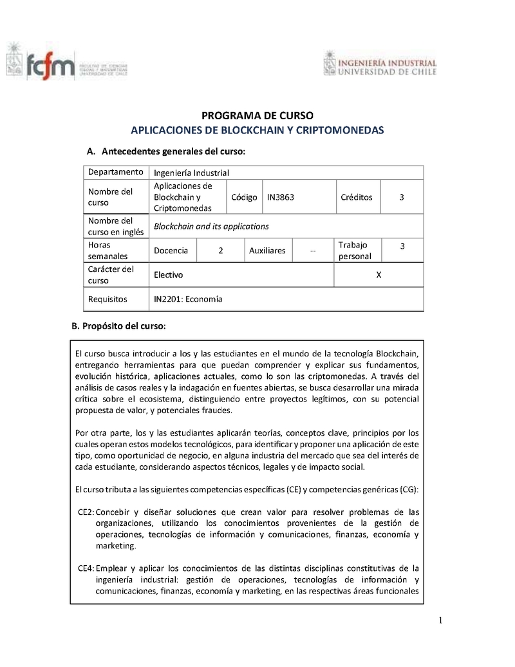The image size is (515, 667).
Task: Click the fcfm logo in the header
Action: pyautogui.click(x=67, y=65)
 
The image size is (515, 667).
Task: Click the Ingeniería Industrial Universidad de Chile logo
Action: pyautogui.click(x=380, y=64)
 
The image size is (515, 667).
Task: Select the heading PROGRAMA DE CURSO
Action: pyautogui.click(x=257, y=116)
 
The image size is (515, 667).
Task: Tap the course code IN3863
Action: pyautogui.click(x=281, y=197)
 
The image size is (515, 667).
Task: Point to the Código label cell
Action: pyautogui.click(x=244, y=197)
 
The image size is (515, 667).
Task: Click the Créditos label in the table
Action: pyautogui.click(x=356, y=197)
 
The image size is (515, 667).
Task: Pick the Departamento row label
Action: pyautogui.click(x=115, y=172)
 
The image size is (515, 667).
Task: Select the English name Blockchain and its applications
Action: pyautogui.click(x=211, y=226)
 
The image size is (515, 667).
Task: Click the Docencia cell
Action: pyautogui.click(x=171, y=251)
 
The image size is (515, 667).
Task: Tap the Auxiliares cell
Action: pyautogui.click(x=267, y=251)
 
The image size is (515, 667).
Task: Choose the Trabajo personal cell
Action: pyautogui.click(x=355, y=251)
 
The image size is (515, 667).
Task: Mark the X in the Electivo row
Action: pyautogui.click(x=379, y=275)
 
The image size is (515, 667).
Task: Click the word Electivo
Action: pyautogui.click(x=168, y=275)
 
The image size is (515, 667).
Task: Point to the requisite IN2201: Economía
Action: pyautogui.click(x=188, y=300)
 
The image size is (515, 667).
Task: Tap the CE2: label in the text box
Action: pyautogui.click(x=86, y=512)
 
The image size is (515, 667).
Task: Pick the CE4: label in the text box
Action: pyautogui.click(x=86, y=568)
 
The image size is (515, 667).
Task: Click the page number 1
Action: pyautogui.click(x=441, y=621)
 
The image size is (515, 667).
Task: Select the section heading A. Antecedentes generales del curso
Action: pyautogui.click(x=166, y=151)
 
